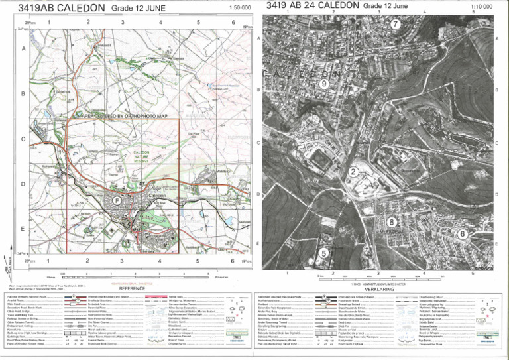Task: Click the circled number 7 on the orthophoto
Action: coord(395,24)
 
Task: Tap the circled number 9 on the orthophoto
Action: coord(323,84)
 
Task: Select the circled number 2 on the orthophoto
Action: coord(354,171)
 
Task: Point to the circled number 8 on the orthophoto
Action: coord(392,222)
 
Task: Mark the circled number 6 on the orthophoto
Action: coord(462,233)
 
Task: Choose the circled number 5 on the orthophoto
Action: coord(324,253)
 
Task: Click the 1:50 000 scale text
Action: coord(239,7)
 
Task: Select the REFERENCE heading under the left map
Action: coord(131,288)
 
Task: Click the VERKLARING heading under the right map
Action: coord(380,289)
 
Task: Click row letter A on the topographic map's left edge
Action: coord(24,49)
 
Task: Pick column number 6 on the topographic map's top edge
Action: coord(233,22)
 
